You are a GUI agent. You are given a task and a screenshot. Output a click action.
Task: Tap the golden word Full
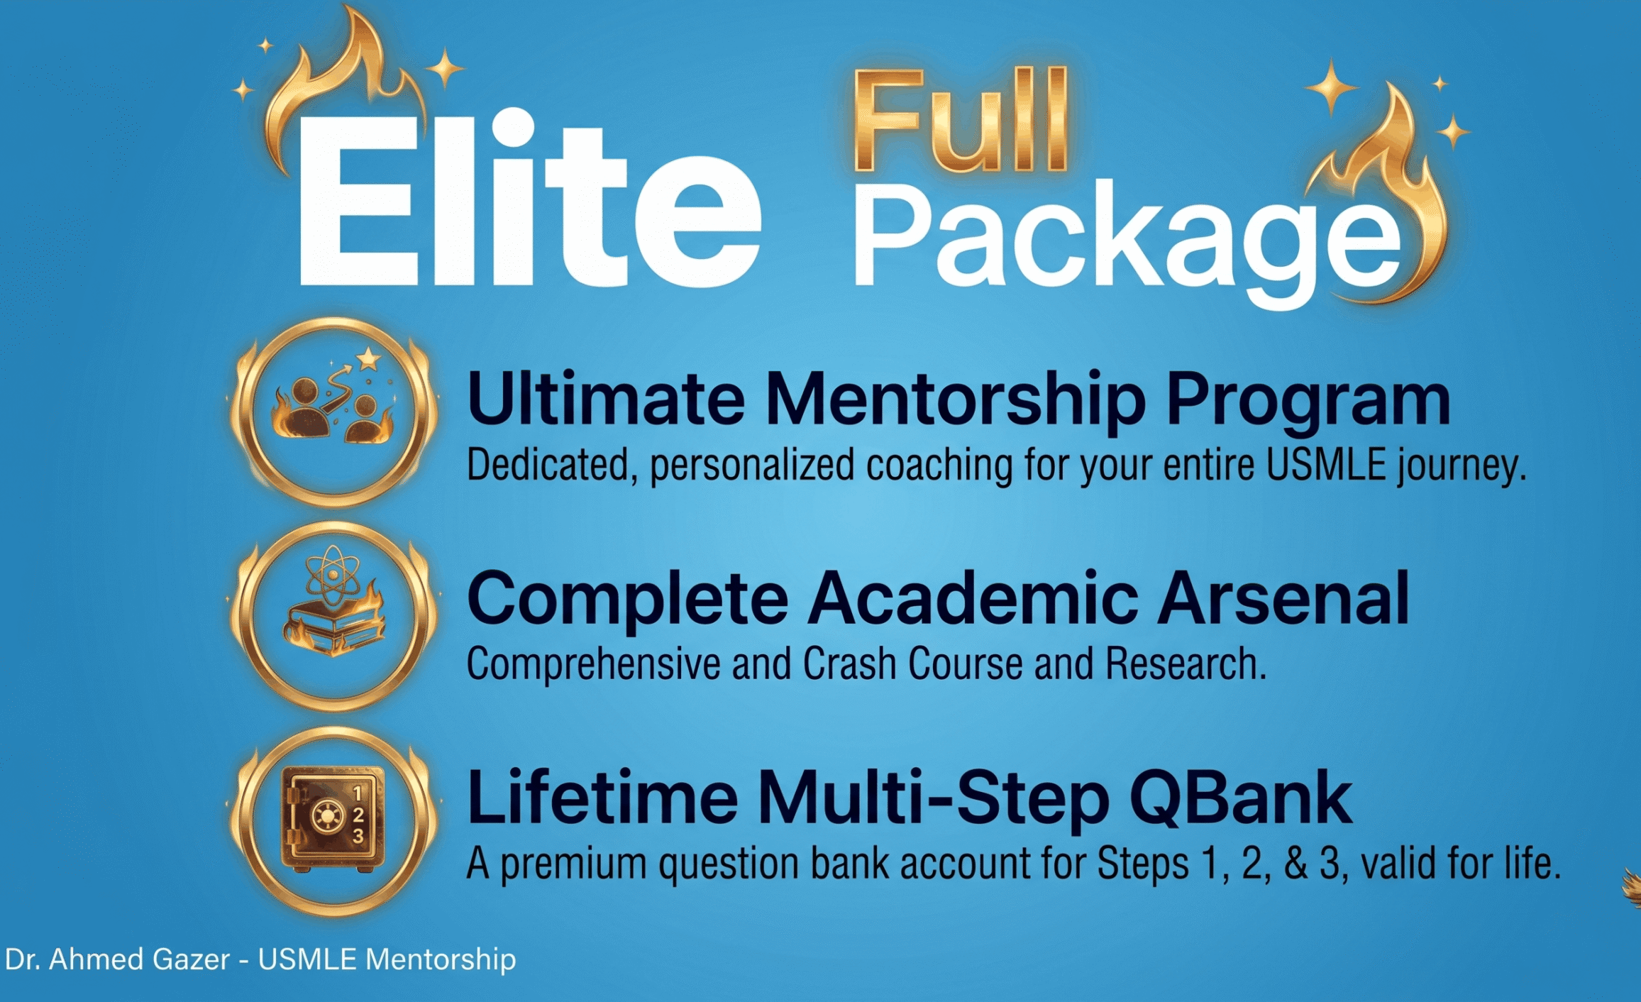point(961,121)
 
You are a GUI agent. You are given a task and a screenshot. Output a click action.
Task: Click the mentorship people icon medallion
point(333,412)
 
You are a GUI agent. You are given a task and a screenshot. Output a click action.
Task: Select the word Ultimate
point(607,399)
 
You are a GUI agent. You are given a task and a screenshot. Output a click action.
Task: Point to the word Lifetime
point(602,798)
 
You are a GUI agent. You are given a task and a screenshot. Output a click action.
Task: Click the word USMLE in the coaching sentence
point(1326,466)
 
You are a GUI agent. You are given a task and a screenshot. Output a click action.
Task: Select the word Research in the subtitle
point(1186,664)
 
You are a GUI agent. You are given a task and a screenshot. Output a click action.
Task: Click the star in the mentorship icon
point(368,359)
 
